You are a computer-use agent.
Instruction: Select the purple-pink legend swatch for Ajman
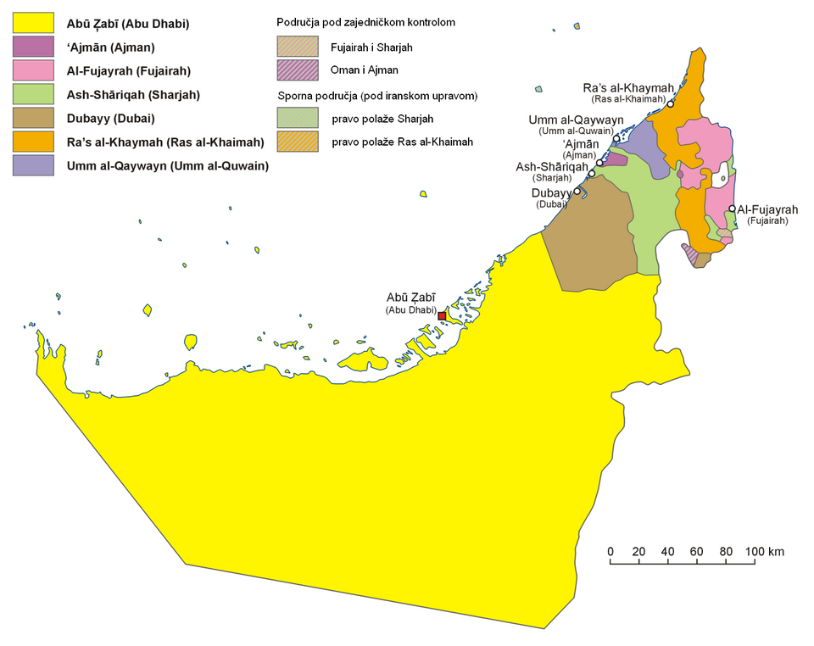33,47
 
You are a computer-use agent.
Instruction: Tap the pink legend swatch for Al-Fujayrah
33,71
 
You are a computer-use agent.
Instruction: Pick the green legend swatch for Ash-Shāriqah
33,95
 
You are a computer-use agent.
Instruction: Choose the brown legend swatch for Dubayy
33,119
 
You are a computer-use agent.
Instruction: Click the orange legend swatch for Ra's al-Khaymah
33,142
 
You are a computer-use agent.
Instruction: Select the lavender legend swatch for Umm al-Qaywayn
33,165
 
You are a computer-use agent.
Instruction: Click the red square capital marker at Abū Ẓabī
442,315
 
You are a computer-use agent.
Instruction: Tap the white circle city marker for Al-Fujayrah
732,209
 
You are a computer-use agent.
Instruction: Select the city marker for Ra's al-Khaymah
671,104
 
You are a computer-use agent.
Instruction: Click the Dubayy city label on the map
550,193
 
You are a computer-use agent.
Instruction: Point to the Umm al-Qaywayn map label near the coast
577,120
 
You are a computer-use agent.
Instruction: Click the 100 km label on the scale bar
765,552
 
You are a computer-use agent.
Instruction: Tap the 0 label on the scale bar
610,552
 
